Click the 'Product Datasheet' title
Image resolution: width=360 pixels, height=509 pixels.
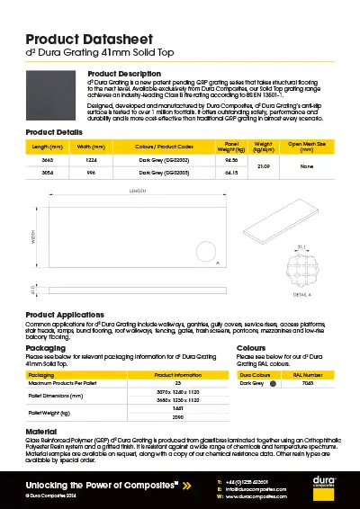tap(87, 39)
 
